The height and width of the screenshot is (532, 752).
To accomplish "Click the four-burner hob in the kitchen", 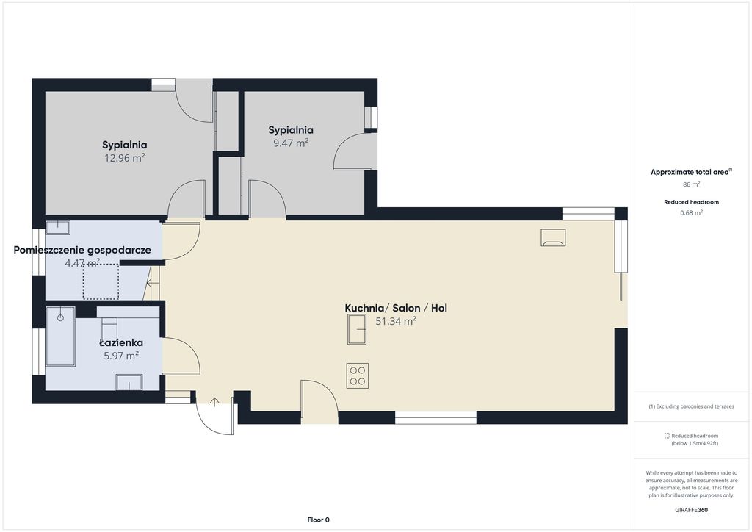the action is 358,375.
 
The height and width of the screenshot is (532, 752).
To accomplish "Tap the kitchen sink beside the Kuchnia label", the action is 357,330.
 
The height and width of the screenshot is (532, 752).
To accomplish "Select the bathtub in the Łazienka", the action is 60,337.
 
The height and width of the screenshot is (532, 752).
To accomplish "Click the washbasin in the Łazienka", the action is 129,382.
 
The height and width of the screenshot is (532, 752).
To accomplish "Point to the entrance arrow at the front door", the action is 214,402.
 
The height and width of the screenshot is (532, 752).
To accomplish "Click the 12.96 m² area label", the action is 125,158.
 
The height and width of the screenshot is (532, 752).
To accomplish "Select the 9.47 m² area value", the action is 291,143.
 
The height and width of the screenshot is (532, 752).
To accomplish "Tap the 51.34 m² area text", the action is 396,321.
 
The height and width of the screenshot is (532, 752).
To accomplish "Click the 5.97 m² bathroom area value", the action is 121,356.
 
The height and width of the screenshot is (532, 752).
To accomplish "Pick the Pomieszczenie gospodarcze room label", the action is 82,250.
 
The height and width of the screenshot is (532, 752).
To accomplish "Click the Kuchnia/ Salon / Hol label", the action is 396,308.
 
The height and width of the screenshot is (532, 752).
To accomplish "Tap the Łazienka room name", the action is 121,342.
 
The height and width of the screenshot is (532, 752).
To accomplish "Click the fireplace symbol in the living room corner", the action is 553,237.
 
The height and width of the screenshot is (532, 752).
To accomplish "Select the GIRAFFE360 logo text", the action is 691,510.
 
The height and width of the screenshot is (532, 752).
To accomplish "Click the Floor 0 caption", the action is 319,520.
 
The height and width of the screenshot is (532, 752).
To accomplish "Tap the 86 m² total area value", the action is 691,184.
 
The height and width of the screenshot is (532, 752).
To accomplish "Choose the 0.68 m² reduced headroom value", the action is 691,212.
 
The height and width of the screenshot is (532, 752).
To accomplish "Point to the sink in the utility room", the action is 57,227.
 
